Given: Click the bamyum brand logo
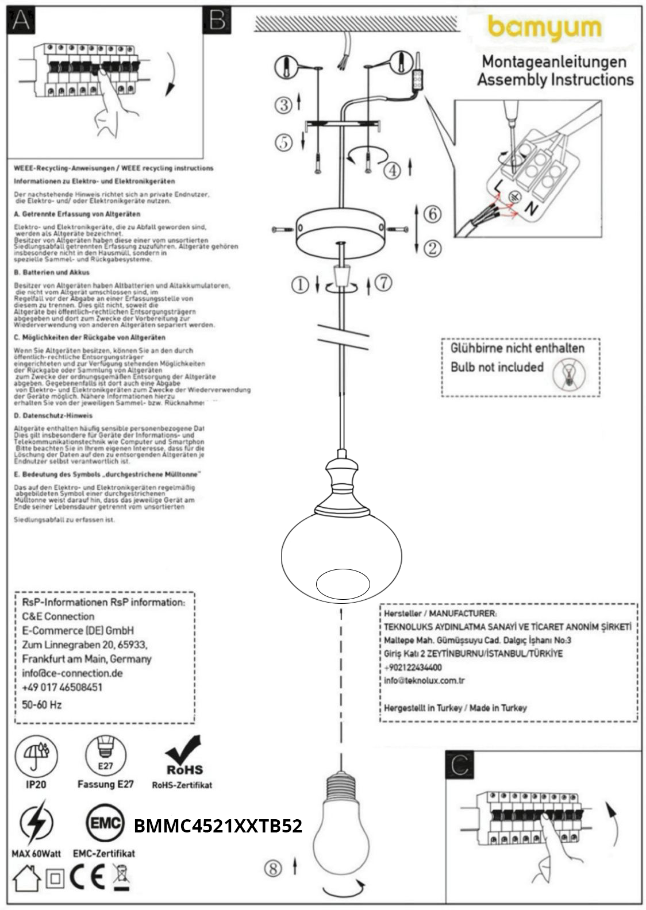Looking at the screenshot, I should pos(544,29).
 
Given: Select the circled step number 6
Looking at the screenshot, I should pos(432,214).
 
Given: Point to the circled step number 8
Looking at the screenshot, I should pos(273,868).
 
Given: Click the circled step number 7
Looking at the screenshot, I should pos(383,283).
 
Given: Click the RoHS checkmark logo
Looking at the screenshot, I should pos(183,755).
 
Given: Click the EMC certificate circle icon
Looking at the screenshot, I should pos(105,824).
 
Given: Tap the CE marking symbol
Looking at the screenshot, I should pos(87,877).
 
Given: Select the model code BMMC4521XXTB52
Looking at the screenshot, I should pos(218,826).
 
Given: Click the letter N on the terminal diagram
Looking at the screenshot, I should pos(532,209).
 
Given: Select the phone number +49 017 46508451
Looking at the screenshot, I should pos(62,688).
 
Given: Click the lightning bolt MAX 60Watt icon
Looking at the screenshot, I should pos(36,825).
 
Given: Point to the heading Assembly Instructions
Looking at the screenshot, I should pos(555,80).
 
